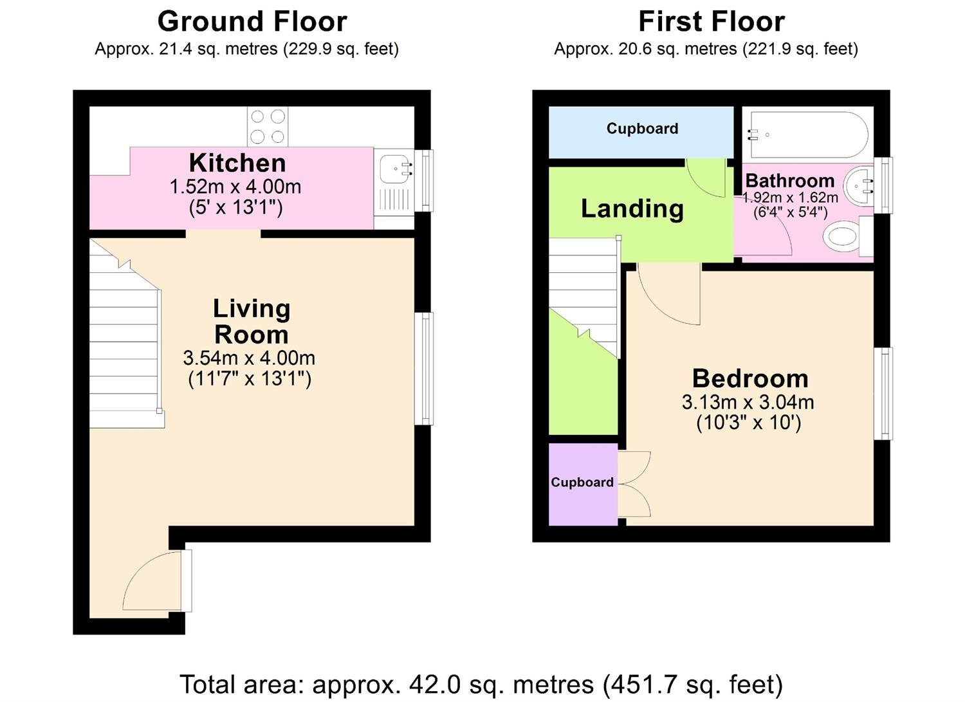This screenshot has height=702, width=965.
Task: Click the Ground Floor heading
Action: click(x=252, y=21)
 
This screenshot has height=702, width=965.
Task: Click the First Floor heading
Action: click(x=711, y=21)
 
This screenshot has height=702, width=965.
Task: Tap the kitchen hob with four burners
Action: click(x=268, y=126)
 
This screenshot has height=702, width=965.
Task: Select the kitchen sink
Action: click(x=394, y=170)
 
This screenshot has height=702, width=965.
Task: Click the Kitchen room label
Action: click(x=237, y=163)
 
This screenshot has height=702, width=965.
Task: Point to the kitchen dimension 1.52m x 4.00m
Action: click(x=235, y=187)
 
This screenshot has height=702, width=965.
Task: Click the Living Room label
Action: click(x=252, y=321)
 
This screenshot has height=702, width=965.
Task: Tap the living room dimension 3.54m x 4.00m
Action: click(x=249, y=358)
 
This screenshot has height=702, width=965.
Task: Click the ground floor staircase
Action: click(x=124, y=347)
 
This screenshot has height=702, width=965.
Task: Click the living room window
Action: click(x=423, y=368)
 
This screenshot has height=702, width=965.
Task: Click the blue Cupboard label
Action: click(x=642, y=129)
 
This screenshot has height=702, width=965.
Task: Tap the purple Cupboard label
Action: click(x=582, y=482)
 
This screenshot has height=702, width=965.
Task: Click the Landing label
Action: click(x=632, y=208)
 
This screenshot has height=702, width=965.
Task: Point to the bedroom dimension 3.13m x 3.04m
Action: click(x=748, y=403)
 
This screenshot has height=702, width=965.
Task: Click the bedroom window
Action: click(x=884, y=393)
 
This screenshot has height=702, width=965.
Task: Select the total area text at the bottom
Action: click(x=481, y=684)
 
